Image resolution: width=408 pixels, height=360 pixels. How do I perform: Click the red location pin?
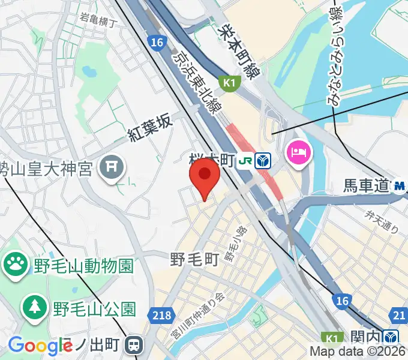(205, 175)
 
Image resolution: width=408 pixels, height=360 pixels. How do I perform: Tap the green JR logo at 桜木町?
(245, 161)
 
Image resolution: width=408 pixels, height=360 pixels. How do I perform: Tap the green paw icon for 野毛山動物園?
(16, 262)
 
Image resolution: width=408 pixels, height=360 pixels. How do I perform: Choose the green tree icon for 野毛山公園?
(35, 308)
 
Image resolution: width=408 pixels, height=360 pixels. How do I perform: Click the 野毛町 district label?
(194, 259)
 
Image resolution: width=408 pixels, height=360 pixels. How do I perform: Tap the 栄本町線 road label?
(238, 50)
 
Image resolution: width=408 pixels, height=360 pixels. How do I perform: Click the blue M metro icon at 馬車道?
(400, 187)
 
